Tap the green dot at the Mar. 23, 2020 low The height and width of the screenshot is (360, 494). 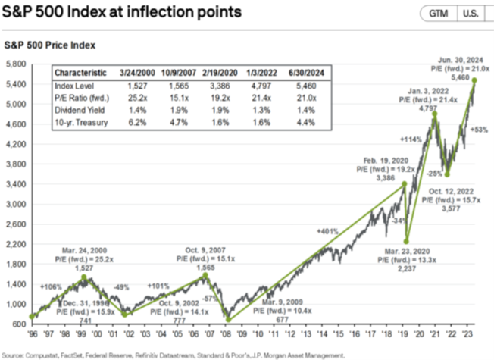pos(407,242)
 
